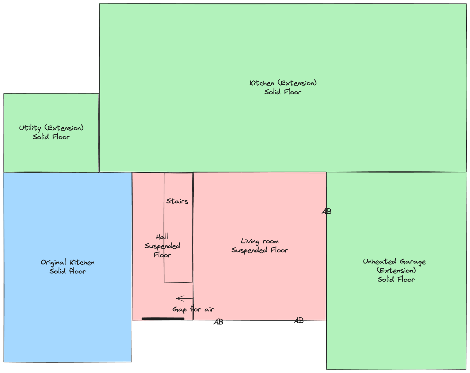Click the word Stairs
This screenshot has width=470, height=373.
pyautogui.click(x=177, y=201)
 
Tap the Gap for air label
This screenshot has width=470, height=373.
pyautogui.click(x=193, y=309)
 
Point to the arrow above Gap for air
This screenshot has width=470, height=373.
pyautogui.click(x=184, y=298)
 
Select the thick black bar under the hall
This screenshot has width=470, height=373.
pyautogui.click(x=163, y=319)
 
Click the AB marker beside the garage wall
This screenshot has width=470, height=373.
pyautogui.click(x=327, y=211)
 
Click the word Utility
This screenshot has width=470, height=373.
pyautogui.click(x=30, y=128)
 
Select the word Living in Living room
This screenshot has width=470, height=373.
pyautogui.click(x=250, y=241)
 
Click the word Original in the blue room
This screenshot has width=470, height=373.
pyautogui.click(x=53, y=262)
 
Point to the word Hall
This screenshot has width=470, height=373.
pyautogui.click(x=162, y=236)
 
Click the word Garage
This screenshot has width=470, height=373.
pyautogui.click(x=413, y=262)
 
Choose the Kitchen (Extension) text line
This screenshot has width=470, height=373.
pyautogui.click(x=283, y=83)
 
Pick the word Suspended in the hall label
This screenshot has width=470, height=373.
pyautogui.click(x=162, y=246)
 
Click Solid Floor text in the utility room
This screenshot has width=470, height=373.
pyautogui.click(x=51, y=137)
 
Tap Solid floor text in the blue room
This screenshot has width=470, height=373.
pyautogui.click(x=68, y=271)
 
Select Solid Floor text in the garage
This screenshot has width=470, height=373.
pyautogui.click(x=396, y=279)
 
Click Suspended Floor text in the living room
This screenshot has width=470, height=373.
pyautogui.click(x=260, y=250)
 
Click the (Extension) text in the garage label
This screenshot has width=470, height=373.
pyautogui.click(x=396, y=270)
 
